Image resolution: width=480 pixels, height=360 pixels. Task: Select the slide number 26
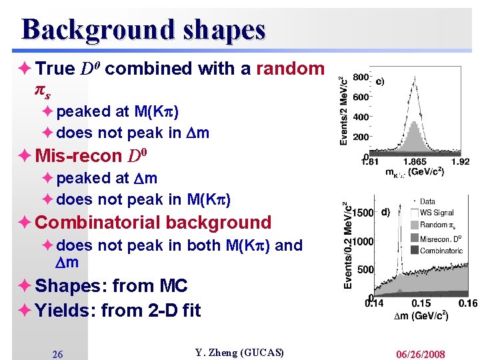click(57, 354)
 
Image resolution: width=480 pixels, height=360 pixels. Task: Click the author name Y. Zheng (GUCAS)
click(239, 353)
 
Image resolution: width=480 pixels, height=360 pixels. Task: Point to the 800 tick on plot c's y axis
click(361, 77)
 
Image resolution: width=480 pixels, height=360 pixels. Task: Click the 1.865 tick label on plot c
click(415, 161)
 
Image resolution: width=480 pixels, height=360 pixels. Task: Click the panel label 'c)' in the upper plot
click(379, 82)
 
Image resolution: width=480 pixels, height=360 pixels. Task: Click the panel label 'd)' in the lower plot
click(385, 213)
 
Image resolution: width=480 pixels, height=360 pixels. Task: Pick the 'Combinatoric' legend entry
click(441, 251)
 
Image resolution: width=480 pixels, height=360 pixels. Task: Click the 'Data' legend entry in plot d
click(428, 201)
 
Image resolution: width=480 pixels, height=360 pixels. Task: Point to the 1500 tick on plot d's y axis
click(363, 213)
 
